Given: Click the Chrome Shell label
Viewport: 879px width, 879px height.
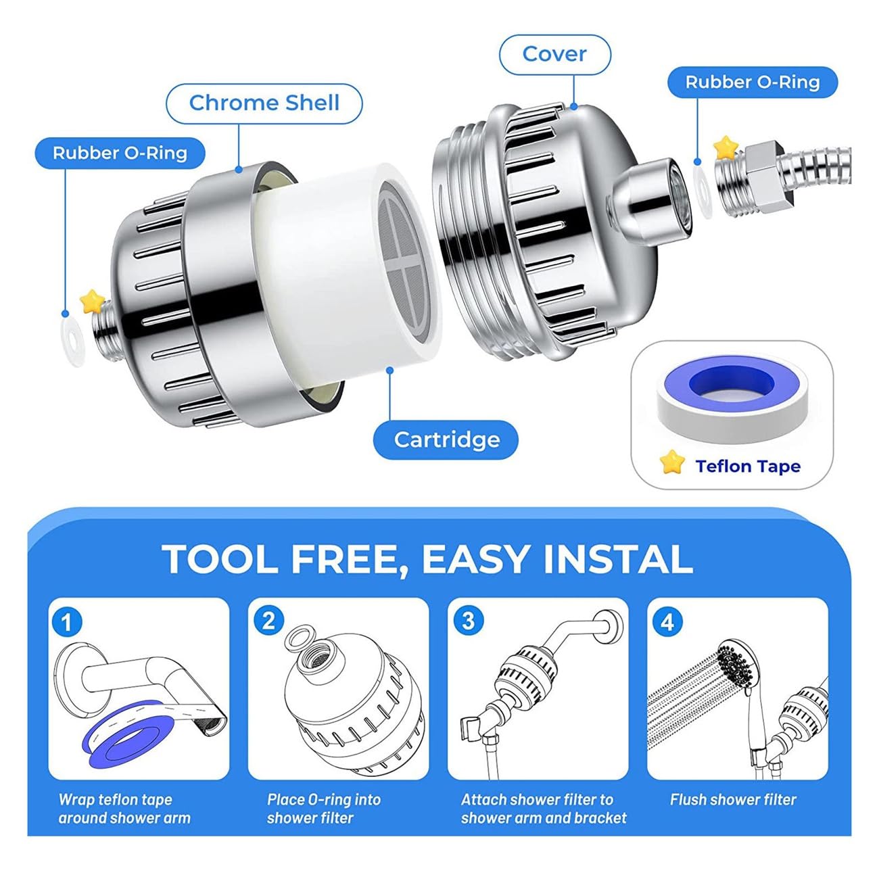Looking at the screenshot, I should click(x=264, y=103).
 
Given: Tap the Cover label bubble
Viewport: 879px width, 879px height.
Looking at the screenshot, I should click(x=554, y=54).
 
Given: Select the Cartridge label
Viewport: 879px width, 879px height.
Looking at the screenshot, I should click(x=446, y=439).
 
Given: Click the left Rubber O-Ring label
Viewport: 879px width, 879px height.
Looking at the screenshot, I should click(x=120, y=153).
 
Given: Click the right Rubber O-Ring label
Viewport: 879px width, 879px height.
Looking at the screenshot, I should click(x=752, y=82).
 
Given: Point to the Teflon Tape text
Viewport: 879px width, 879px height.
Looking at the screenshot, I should click(x=748, y=467).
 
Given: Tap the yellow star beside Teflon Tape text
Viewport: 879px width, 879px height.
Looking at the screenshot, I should click(x=671, y=463).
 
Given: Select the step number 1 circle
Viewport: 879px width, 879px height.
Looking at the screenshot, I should click(x=66, y=621).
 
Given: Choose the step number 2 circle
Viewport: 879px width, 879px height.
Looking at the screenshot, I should click(x=268, y=620).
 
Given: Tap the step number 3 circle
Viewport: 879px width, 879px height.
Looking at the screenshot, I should click(x=468, y=620).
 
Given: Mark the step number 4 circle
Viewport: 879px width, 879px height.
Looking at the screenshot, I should click(x=667, y=621).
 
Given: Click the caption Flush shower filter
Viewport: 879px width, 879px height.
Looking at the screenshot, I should click(x=733, y=800).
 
